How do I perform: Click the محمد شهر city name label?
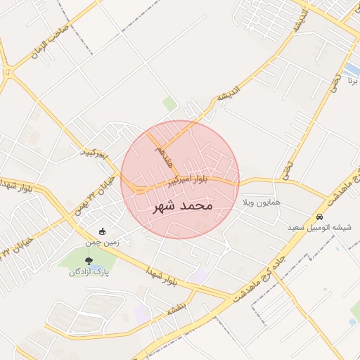point(180,207)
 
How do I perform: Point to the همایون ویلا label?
point(262,202)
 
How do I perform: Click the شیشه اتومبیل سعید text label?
point(321,228)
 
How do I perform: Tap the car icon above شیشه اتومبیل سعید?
point(321,217)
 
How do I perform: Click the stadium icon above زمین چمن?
point(103,231)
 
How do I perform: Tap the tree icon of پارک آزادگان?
point(88,261)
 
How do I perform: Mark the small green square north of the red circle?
point(170,105)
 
